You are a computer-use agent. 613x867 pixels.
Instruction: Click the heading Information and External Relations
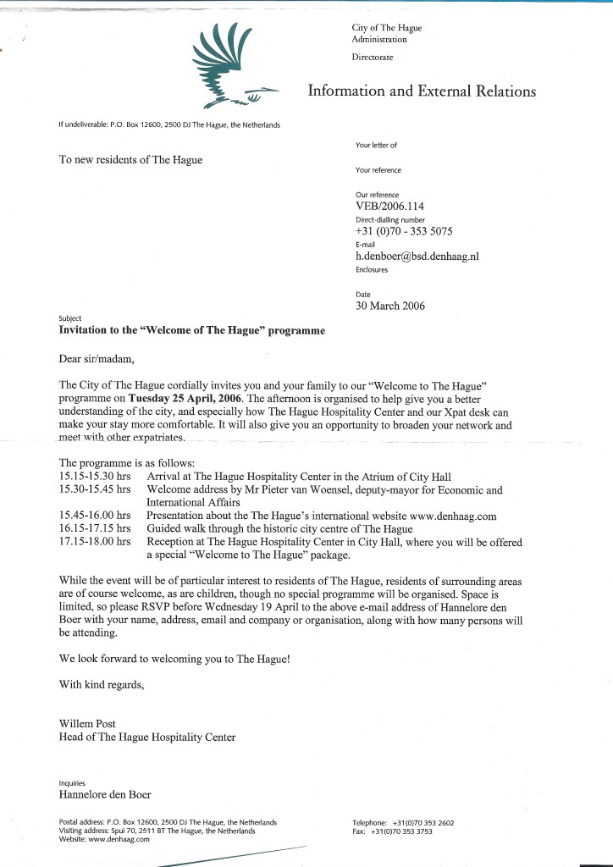[x=422, y=91]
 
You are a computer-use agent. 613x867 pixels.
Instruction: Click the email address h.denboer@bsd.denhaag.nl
[x=417, y=256]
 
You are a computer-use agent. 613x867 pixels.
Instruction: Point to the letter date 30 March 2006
[x=390, y=306]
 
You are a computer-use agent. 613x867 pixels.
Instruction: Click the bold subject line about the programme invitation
[x=191, y=330]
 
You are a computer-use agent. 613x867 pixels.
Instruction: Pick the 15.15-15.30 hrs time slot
[x=94, y=477]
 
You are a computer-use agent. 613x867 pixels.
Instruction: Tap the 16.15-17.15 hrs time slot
[x=94, y=527]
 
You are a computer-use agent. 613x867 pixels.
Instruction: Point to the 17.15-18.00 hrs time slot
[x=94, y=539]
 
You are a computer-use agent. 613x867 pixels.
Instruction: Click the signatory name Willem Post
[x=87, y=724]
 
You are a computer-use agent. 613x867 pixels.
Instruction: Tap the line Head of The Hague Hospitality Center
[x=147, y=737]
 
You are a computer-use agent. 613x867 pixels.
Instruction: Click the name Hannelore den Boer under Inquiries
[x=105, y=795]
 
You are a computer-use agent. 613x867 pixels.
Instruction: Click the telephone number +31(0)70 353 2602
[x=424, y=822]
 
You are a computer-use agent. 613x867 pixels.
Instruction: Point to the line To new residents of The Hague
[x=130, y=159]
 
